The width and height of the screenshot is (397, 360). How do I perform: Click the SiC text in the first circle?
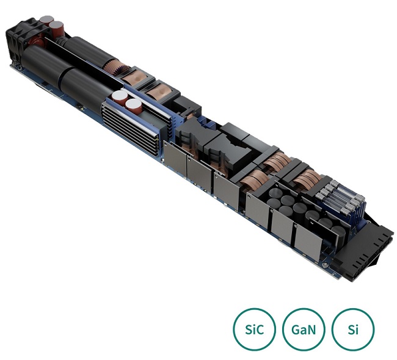coord(254,329)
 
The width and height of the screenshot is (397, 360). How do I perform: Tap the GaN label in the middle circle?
coord(304,329)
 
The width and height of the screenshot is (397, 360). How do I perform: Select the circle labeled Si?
coord(352,329)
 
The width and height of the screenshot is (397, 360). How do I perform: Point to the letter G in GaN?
coord(295,329)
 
